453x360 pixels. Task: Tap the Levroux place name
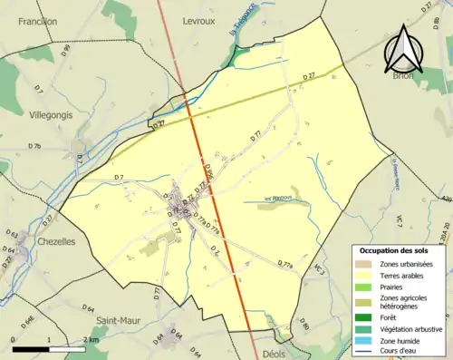[x=198, y=20]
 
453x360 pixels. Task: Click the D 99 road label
[x=66, y=54]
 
